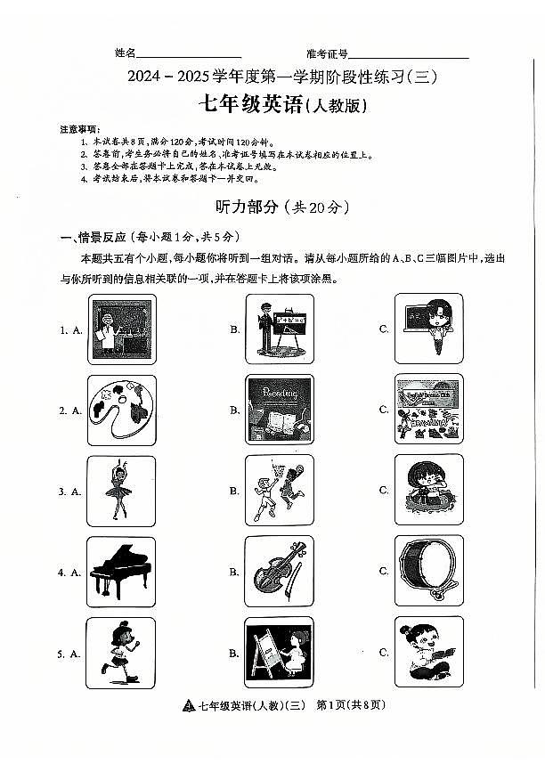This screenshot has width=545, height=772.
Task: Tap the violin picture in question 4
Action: [x=279, y=572]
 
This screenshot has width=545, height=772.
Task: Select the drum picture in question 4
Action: [x=428, y=572]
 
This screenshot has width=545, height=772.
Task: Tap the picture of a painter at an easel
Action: [x=279, y=653]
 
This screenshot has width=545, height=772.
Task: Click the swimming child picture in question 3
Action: [x=428, y=491]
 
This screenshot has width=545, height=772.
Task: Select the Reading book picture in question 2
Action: [x=279, y=410]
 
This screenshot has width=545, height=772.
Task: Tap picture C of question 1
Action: [x=428, y=329]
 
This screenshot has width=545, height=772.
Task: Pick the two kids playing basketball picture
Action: [x=279, y=491]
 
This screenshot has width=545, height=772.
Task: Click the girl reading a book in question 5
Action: [x=428, y=653]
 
